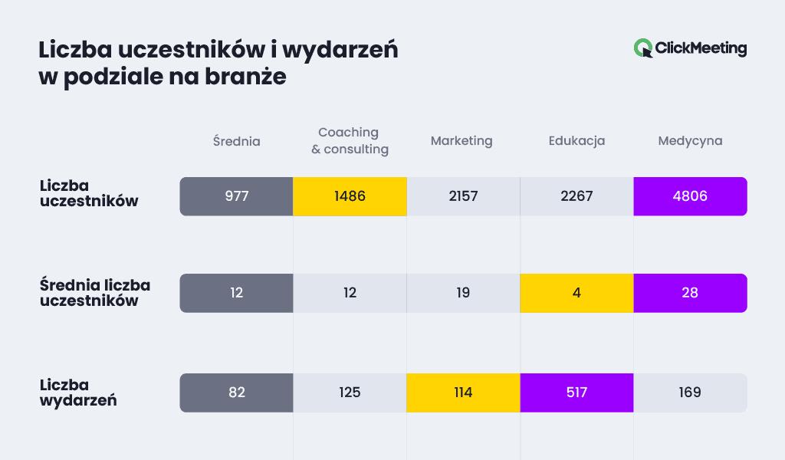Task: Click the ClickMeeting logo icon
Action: pyautogui.click(x=643, y=48)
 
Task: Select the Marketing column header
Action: pyautogui.click(x=461, y=141)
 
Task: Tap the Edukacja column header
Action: pyautogui.click(x=576, y=141)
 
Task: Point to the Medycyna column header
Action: pyautogui.click(x=690, y=141)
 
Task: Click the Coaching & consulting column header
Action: pyautogui.click(x=350, y=141)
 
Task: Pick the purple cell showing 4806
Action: pyautogui.click(x=690, y=196)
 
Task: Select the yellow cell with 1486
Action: pyautogui.click(x=350, y=196)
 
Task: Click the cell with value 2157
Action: pyautogui.click(x=463, y=196)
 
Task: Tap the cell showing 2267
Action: pyautogui.click(x=576, y=196)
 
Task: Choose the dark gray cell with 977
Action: pyautogui.click(x=236, y=196)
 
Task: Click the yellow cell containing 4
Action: pyautogui.click(x=576, y=293)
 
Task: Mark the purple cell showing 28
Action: pyautogui.click(x=690, y=293)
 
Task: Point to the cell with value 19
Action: pyautogui.click(x=463, y=293)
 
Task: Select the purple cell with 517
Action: pyautogui.click(x=576, y=393)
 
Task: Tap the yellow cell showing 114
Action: pyautogui.click(x=463, y=393)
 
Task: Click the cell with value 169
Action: pyautogui.click(x=690, y=393)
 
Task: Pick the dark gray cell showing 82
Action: pyautogui.click(x=236, y=393)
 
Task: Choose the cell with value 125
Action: pyautogui.click(x=350, y=393)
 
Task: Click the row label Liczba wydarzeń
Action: pyautogui.click(x=77, y=393)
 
